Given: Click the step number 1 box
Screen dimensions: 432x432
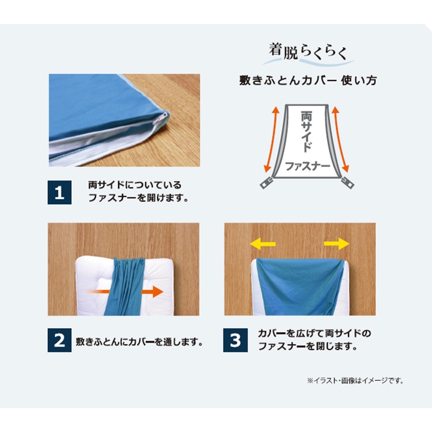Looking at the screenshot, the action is tap(60, 192).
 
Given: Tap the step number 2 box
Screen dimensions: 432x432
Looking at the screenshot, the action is tap(60, 340).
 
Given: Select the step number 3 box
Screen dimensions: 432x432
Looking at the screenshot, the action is tap(235, 340).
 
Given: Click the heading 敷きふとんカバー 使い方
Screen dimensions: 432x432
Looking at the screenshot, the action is tap(308, 81).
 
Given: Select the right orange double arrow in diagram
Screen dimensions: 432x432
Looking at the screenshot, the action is tap(340, 140).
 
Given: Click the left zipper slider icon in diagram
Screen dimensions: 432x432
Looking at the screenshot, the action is tap(267, 183).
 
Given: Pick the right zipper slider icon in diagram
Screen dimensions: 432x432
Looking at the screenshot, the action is tap(347, 183).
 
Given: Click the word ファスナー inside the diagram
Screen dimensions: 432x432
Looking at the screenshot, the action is tap(308, 166).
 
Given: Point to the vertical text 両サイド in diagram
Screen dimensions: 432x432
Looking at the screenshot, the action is tap(306, 131).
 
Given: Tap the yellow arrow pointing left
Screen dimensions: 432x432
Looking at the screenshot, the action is tap(263, 244).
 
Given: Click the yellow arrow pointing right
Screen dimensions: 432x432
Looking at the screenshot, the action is tap(337, 244).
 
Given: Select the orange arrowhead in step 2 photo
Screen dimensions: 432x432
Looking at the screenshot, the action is tap(157, 291).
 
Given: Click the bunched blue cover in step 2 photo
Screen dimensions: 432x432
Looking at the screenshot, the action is tap(126, 287).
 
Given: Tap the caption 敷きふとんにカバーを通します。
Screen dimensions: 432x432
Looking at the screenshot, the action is tap(140, 342).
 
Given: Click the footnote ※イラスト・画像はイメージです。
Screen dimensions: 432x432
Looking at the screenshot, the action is tap(356, 381).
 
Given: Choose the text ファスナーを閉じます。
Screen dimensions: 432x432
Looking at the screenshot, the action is tap(308, 346).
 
